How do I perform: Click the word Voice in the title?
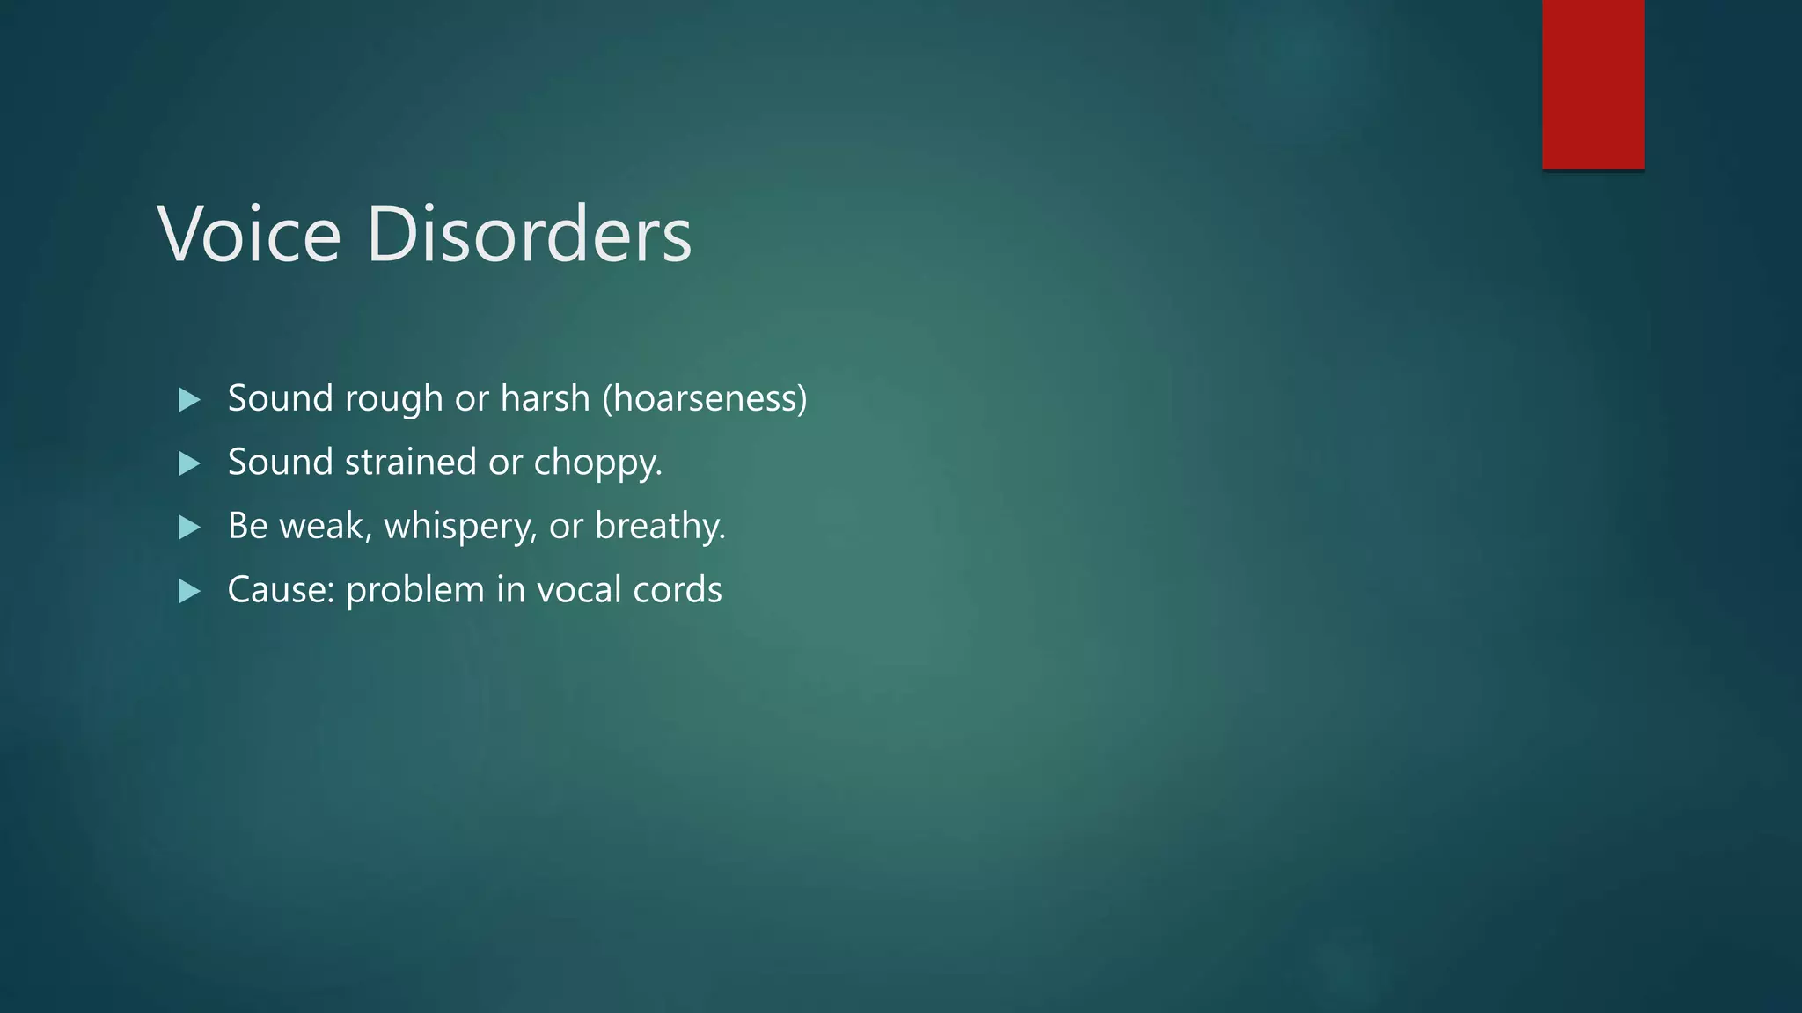coord(249,234)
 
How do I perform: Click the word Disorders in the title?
coord(529,234)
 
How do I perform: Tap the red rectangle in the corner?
coord(1593,84)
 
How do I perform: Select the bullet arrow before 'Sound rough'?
coord(189,400)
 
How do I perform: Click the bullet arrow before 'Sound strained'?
coord(189,463)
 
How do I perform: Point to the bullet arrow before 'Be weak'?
coord(189,527)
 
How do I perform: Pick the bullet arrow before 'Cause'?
coord(189,591)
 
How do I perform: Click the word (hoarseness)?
coord(704,398)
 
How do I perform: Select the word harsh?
coord(545,398)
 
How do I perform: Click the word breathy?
coord(660,527)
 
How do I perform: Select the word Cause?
coord(281,589)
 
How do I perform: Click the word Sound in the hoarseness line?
coord(280,398)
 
